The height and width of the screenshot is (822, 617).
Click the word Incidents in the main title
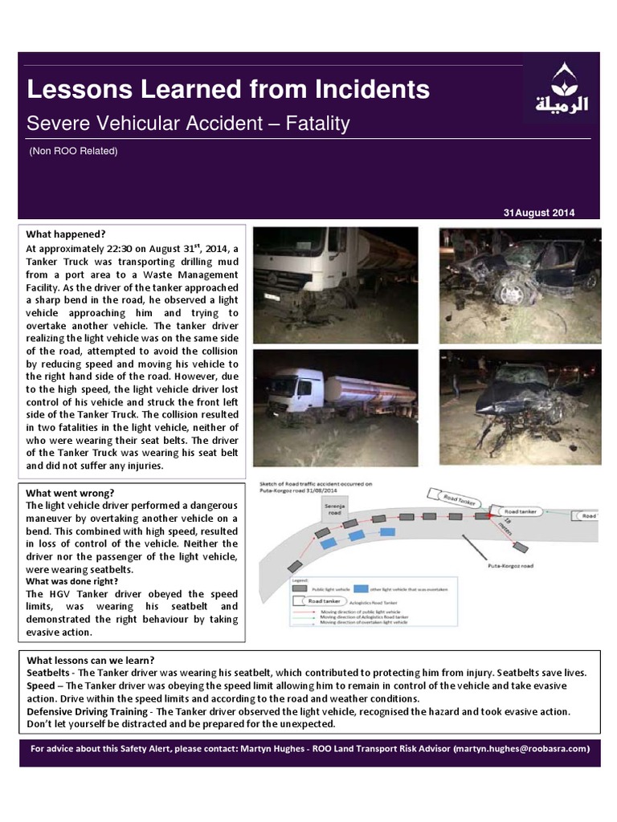coord(366,89)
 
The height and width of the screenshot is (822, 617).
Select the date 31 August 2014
coord(538,213)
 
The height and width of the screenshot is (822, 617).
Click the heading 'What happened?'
coord(66,234)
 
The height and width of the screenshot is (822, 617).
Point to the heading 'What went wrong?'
coord(70,492)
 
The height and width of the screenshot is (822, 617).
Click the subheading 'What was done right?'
coord(72,581)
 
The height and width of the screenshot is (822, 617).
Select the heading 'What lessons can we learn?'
coord(91,661)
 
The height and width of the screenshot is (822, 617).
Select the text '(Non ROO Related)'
coord(73,151)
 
